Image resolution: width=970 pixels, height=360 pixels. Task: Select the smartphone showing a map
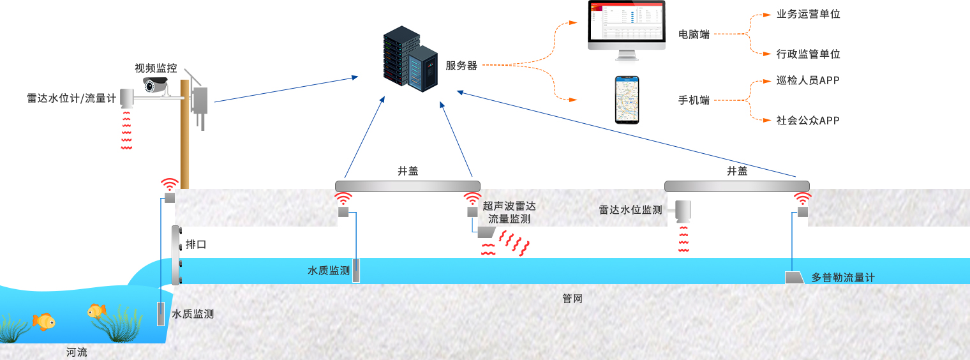point(627,100)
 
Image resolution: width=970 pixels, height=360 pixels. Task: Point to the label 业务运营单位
point(808,14)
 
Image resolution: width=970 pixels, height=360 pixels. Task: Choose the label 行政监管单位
point(808,54)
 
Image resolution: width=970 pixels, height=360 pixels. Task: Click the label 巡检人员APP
point(808,80)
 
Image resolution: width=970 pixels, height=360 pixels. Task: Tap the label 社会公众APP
point(808,120)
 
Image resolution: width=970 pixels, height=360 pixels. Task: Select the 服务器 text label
point(461,65)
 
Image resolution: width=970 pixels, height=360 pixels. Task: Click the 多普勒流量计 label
point(842,278)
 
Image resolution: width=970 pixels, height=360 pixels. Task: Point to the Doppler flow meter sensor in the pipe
point(794,277)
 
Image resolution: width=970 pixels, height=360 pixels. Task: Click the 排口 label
point(196,244)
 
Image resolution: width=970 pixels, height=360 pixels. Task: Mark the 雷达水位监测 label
point(630,209)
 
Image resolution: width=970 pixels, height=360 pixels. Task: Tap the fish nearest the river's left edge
point(43,320)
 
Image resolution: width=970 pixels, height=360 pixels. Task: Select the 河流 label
point(77,352)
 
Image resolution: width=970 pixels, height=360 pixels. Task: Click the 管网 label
point(572,298)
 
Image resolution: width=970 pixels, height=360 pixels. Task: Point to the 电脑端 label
point(694,34)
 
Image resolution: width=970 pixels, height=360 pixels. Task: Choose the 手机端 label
point(694,100)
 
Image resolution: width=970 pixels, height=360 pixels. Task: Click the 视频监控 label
point(156,68)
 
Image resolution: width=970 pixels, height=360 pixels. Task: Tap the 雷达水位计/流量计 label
point(71,98)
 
